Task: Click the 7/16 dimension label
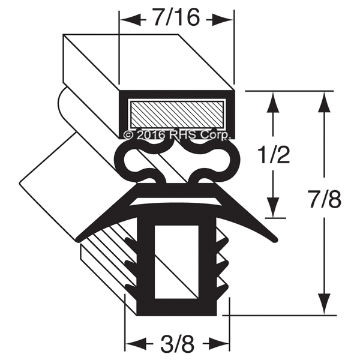(x=176, y=17)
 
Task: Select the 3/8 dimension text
(x=178, y=344)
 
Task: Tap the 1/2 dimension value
(x=274, y=155)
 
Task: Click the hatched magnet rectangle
(x=176, y=115)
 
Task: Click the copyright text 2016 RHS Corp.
(x=176, y=135)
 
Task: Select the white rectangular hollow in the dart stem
(x=176, y=262)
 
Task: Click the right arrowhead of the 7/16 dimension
(x=223, y=20)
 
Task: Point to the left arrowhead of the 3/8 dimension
(x=136, y=344)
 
